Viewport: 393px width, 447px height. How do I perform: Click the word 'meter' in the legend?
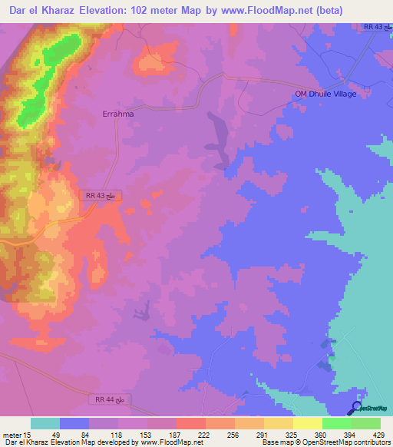click(11, 434)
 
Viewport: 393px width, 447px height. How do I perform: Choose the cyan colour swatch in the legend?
click(45, 423)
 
